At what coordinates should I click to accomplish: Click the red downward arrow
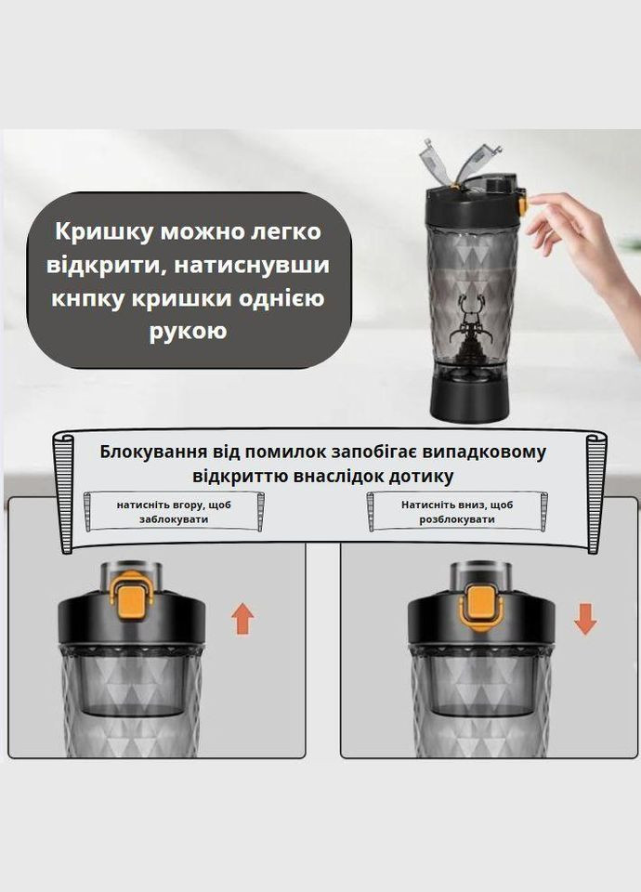coord(584,617)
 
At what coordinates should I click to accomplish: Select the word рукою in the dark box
coord(189,331)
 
